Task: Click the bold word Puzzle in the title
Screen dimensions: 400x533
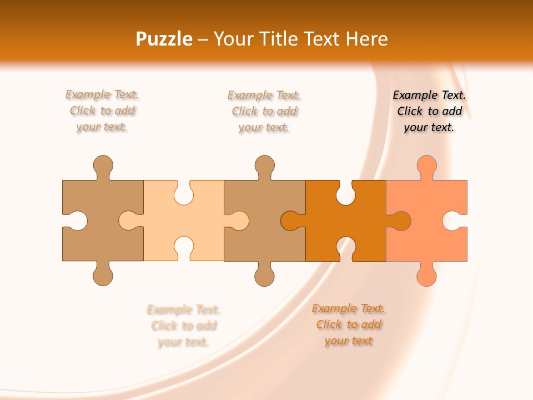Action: click(164, 39)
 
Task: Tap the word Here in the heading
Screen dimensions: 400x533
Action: click(366, 39)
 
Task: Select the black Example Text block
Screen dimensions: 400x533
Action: click(429, 111)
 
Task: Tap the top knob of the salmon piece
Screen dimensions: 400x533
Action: click(426, 165)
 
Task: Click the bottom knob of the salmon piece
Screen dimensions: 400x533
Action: click(426, 276)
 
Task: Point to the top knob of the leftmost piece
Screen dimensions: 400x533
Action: click(103, 165)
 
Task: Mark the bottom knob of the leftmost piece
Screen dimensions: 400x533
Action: click(103, 276)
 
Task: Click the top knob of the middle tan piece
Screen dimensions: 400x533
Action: click(265, 165)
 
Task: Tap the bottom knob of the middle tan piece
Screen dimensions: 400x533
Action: click(265, 276)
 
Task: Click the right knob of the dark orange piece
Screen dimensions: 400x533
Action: click(401, 221)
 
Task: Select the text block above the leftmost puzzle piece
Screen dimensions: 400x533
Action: click(102, 111)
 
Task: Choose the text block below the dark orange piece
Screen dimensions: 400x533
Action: click(348, 324)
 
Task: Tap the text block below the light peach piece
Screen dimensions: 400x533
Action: click(183, 326)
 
